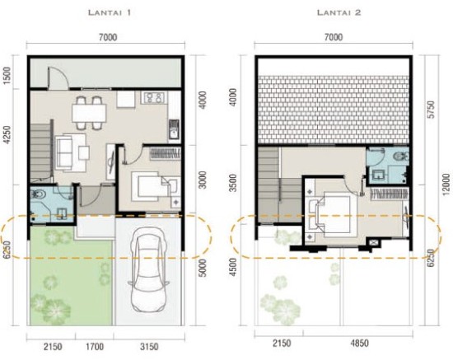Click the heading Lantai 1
(x=110, y=12)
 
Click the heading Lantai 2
(x=339, y=12)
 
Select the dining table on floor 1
(x=89, y=113)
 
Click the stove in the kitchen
(x=154, y=98)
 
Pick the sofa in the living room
(x=64, y=152)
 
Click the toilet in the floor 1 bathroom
(x=39, y=194)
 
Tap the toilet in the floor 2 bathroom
(x=401, y=157)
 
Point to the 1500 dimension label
(x=7, y=76)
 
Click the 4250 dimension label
(x=7, y=134)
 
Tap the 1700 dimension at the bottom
(x=95, y=346)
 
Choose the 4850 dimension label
(x=359, y=344)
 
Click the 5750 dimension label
(x=431, y=110)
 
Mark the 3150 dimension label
(x=149, y=346)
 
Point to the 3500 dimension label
(x=233, y=183)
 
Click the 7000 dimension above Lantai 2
(x=334, y=37)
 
